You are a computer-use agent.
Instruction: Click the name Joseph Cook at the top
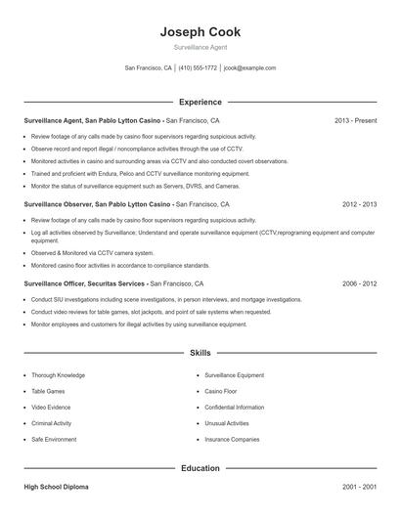[x=200, y=32]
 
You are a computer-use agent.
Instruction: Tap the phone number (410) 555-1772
[x=200, y=68]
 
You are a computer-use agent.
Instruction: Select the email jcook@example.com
[x=250, y=68]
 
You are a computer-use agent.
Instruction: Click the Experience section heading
[x=200, y=102]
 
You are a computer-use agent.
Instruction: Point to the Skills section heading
[x=200, y=352]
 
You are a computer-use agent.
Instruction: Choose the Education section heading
[x=200, y=468]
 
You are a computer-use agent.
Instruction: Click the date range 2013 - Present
[x=355, y=120]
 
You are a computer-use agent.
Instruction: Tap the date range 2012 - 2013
[x=358, y=205]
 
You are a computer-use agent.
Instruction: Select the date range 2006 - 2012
[x=358, y=282]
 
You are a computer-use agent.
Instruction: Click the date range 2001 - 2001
[x=358, y=486]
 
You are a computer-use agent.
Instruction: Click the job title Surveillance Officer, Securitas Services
[x=85, y=282]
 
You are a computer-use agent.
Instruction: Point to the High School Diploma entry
[x=59, y=486]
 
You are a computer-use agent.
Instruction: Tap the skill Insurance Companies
[x=232, y=440]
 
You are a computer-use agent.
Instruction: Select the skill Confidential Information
[x=235, y=407]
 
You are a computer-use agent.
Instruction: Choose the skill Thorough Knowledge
[x=58, y=374]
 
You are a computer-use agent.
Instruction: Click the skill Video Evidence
[x=52, y=407]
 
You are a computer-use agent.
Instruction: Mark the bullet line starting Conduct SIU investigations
[x=166, y=300]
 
